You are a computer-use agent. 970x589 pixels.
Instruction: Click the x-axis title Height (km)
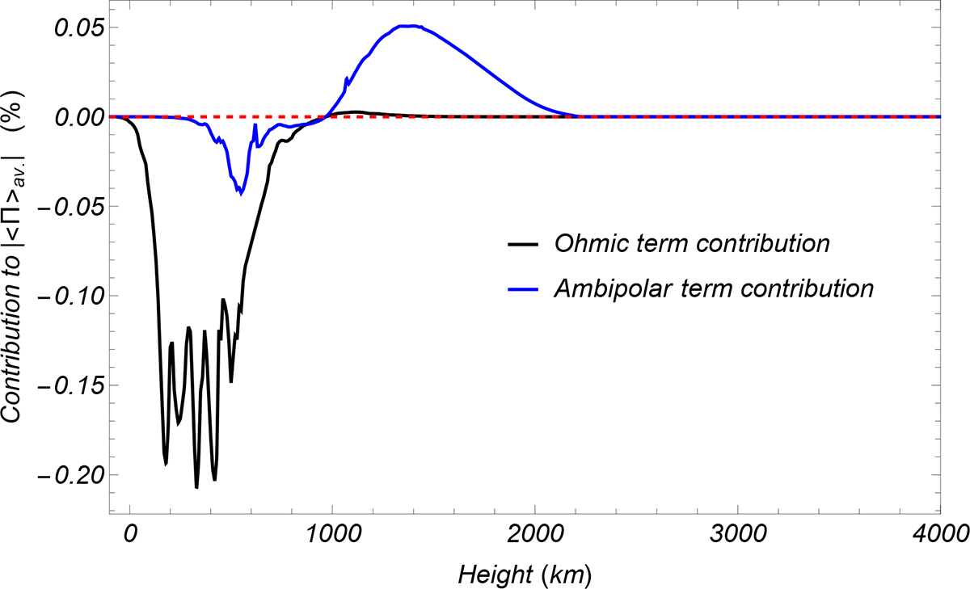pos(525,574)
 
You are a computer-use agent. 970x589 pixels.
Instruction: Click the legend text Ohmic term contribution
pos(691,242)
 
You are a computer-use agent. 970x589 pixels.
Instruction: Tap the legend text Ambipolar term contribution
pos(713,288)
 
